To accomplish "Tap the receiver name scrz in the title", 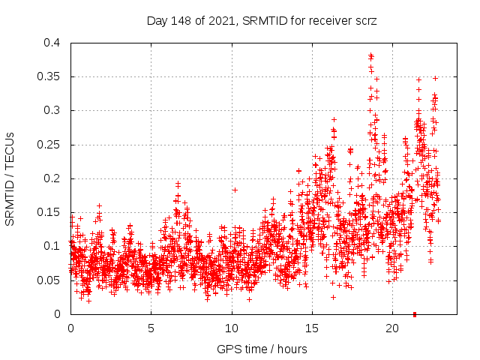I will pyautogui.click(x=365, y=21).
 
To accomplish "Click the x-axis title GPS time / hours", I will pyautogui.click(x=262, y=349).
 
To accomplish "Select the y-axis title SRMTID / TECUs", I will pyautogui.click(x=10, y=178).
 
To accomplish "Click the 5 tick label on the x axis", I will pyautogui.click(x=151, y=328).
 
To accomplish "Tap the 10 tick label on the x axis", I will pyautogui.click(x=232, y=328).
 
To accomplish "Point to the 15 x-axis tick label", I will pyautogui.click(x=312, y=328).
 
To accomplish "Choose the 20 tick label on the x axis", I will pyautogui.click(x=392, y=328).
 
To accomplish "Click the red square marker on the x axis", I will pyautogui.click(x=415, y=314).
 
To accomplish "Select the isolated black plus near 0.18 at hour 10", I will pyautogui.click(x=235, y=190).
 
